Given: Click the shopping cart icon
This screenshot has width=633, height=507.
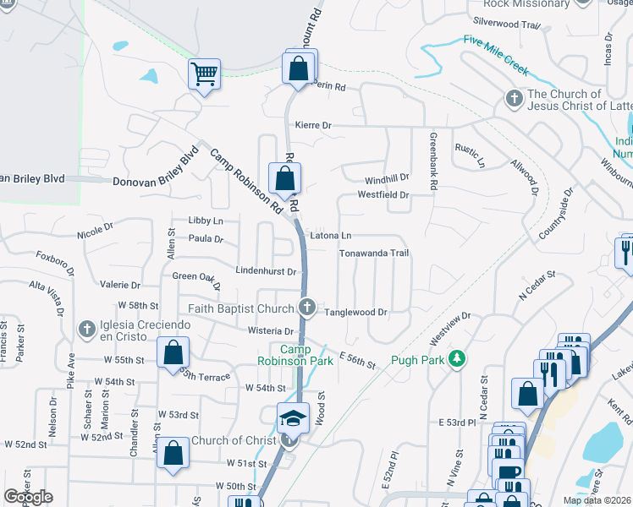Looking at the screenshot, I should click(204, 75).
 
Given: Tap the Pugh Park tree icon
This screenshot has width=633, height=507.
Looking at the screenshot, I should click(457, 359).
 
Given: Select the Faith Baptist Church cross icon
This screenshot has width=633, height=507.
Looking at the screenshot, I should click(308, 308).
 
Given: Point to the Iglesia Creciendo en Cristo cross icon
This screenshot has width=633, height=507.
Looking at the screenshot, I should click(86, 328).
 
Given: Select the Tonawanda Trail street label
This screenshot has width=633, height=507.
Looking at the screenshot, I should click(374, 253).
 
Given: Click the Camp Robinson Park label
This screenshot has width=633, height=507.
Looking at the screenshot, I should click(294, 355).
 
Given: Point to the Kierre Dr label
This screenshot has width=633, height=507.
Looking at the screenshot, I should click(313, 125).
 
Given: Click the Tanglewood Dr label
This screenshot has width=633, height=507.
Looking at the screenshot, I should click(355, 312).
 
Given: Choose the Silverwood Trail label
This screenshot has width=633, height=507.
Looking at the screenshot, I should click(507, 24).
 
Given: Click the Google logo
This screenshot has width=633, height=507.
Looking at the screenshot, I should click(28, 497).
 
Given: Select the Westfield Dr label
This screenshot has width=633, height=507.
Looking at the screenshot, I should click(383, 195).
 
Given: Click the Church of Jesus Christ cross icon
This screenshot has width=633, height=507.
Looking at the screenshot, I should click(514, 99).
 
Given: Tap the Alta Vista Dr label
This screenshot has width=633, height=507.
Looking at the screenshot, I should click(47, 298).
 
